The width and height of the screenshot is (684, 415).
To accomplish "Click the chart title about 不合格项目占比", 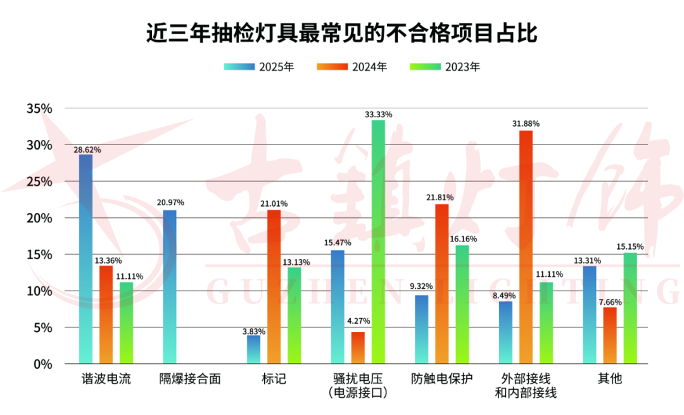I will (x=342, y=32).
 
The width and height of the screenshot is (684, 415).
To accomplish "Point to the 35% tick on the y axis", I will (x=39, y=108).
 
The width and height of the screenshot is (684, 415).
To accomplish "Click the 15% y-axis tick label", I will (x=39, y=255).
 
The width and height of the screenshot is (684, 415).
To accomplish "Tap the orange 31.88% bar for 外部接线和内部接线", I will (x=526, y=247).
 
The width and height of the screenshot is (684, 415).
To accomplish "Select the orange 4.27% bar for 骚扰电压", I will (x=358, y=348).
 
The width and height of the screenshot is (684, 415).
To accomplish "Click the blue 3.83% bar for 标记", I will (x=253, y=350).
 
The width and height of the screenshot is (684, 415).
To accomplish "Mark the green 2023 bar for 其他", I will (x=630, y=308).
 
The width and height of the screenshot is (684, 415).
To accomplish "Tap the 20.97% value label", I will (x=170, y=203).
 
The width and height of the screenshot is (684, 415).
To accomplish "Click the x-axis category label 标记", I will (x=274, y=379).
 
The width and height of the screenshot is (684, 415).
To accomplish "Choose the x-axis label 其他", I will (x=610, y=379).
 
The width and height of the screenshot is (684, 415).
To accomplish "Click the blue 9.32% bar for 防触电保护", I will (x=421, y=329).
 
